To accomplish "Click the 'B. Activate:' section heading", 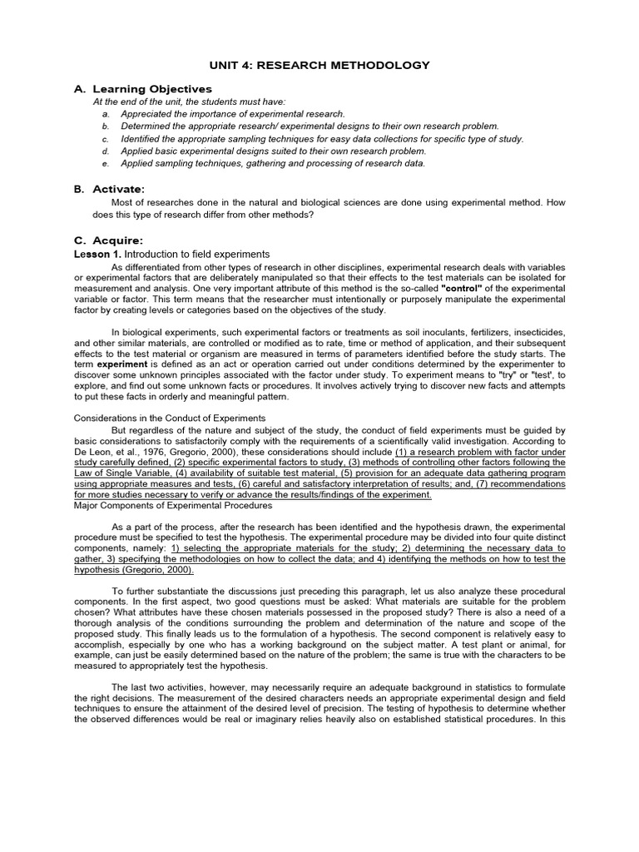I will [109, 189].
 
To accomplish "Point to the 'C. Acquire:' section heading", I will [107, 240].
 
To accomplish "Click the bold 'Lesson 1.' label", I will [97, 253].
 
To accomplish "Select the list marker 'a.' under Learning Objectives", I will [106, 113].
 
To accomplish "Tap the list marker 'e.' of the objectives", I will [106, 163].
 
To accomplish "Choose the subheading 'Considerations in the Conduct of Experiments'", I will [170, 418].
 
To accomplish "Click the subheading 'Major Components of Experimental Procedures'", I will [173, 505].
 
